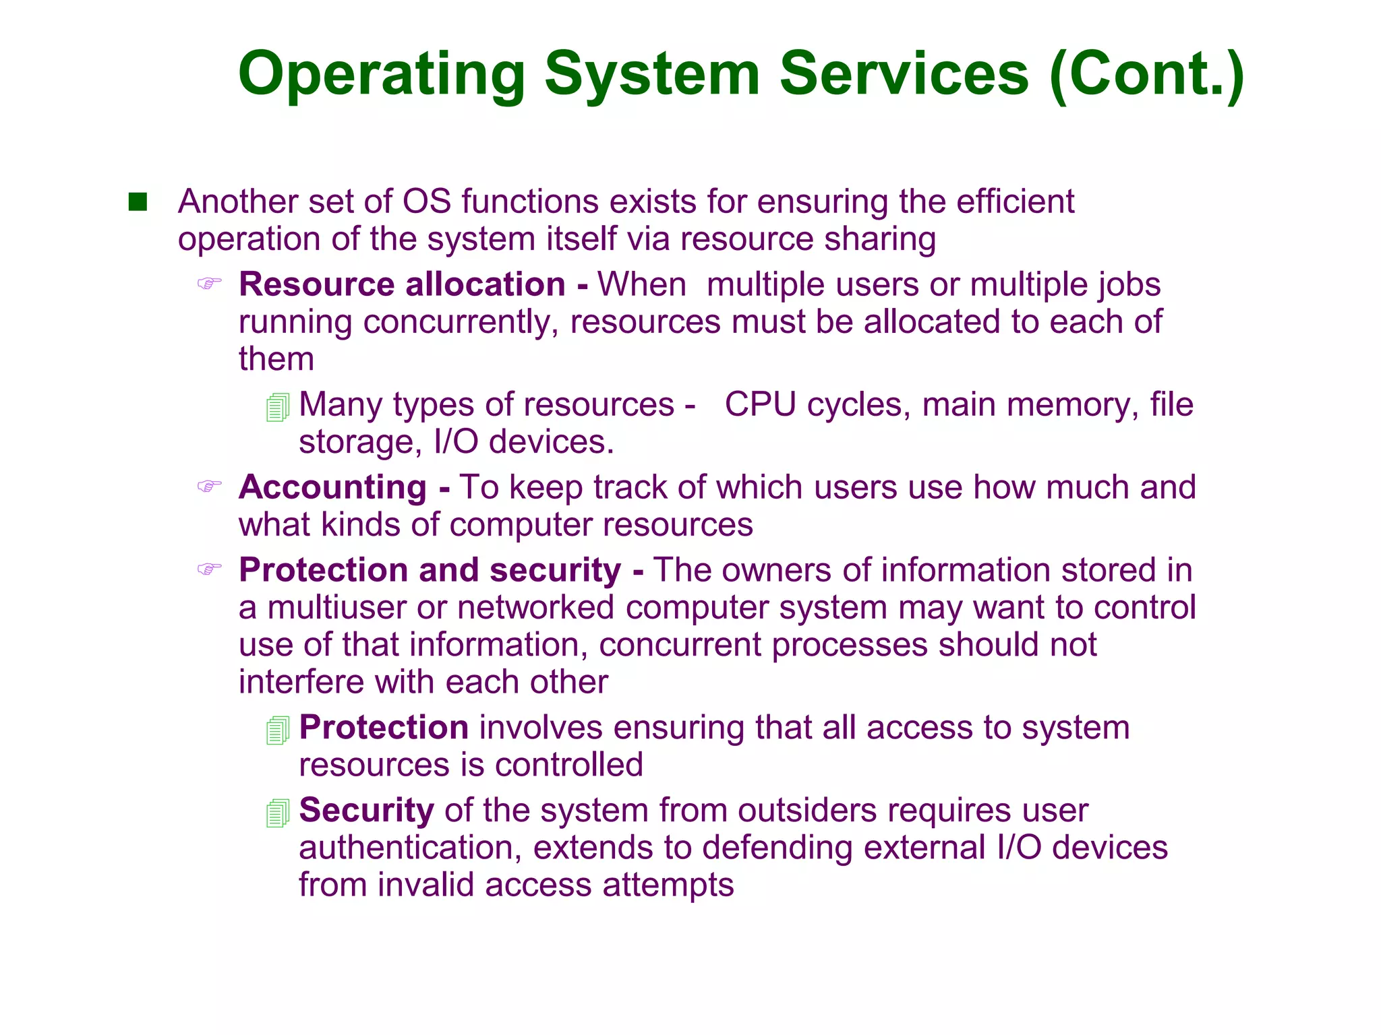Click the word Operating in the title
point(381,74)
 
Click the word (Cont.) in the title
point(1146,74)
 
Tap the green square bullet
point(138,201)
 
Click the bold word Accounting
point(332,487)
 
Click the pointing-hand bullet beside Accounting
point(209,486)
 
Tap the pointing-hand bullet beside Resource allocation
point(209,283)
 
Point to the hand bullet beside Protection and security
point(209,569)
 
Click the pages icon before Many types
point(278,408)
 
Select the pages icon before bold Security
point(278,813)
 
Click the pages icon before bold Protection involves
point(278,730)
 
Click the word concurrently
point(461,322)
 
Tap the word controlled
point(568,765)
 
